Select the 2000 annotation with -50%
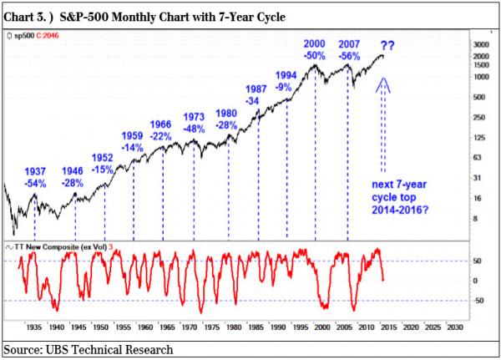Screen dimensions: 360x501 coord(314,49)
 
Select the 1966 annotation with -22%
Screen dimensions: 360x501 coord(160,130)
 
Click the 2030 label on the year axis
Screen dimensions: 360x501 coord(453,327)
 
